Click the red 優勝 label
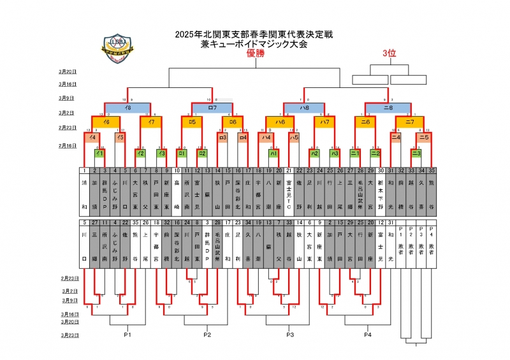coord(256,54)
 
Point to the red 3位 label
coord(389,54)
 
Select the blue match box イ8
coord(128,108)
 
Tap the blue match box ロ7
coord(212,108)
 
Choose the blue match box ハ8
coord(305,108)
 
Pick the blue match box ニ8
coord(388,108)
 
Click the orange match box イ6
coord(106,121)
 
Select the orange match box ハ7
coord(325,121)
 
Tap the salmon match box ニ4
coord(395,137)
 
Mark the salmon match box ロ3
coord(222,137)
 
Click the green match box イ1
coord(99,153)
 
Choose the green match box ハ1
coord(273,153)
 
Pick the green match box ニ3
coord(416,153)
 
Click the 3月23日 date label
coord(68,334)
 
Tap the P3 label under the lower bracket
coord(290,334)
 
